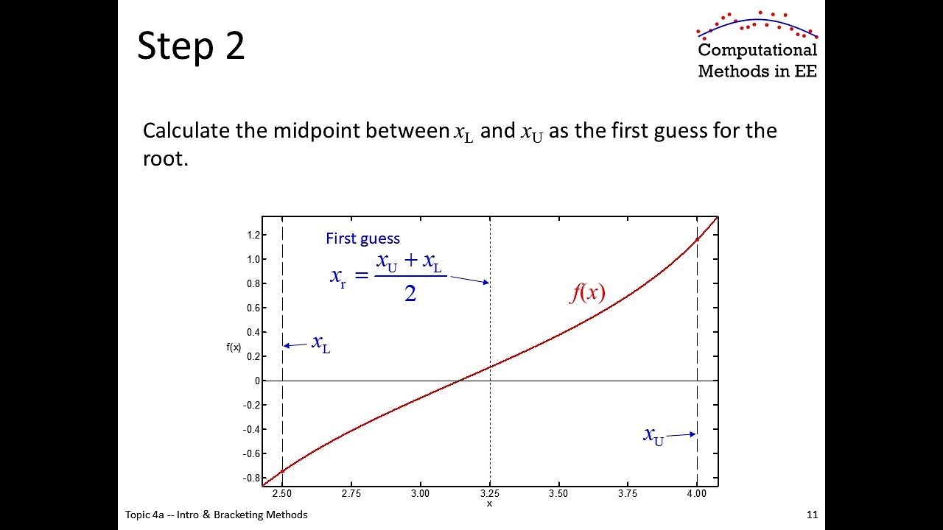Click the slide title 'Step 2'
191,46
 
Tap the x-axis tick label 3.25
490,493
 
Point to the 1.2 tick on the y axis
254,235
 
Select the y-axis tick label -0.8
252,478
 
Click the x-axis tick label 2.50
282,493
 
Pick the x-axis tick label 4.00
697,493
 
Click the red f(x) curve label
588,292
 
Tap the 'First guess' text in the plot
363,239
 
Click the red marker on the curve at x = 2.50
282,471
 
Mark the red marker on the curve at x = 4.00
697,240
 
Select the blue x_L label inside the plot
320,344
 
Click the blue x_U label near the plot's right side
653,437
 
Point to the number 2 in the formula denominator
410,293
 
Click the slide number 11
812,515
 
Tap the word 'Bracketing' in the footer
238,515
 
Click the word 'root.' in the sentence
166,159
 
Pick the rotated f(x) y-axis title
234,347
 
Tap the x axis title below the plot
490,504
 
